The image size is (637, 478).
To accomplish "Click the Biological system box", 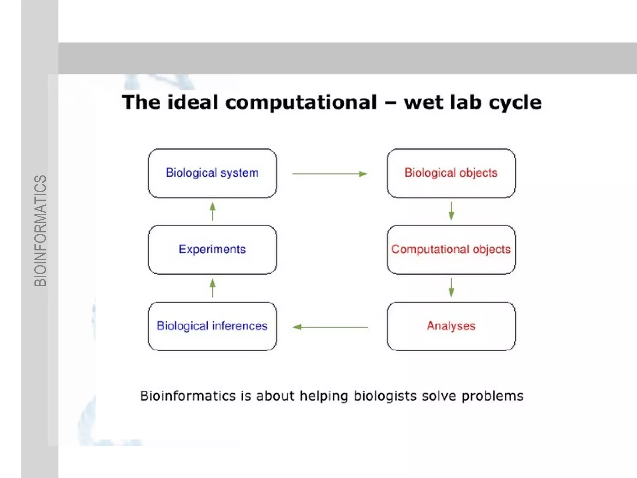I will point(212,173).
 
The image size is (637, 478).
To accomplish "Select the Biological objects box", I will point(451,173).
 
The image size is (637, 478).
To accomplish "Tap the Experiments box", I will point(212,250).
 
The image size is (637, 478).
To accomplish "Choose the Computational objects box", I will point(451,250).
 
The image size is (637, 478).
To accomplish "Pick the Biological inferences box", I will point(212,326).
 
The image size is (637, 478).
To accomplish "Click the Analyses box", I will point(451,326).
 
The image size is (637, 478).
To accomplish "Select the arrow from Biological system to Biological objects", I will point(330,174).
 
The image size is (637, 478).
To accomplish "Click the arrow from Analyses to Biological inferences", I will point(330,327).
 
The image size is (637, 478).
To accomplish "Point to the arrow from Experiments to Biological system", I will point(212,211).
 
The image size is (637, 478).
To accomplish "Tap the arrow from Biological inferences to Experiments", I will point(212,288).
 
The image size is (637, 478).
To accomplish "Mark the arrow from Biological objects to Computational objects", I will point(451,211).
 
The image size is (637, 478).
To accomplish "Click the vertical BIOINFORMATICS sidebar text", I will point(40,230).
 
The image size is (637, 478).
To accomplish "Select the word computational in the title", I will point(301,102).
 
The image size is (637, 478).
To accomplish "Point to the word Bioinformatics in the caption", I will point(188,396).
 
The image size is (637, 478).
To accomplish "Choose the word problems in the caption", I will point(492,396).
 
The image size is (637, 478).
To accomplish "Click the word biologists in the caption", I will point(385,396).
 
